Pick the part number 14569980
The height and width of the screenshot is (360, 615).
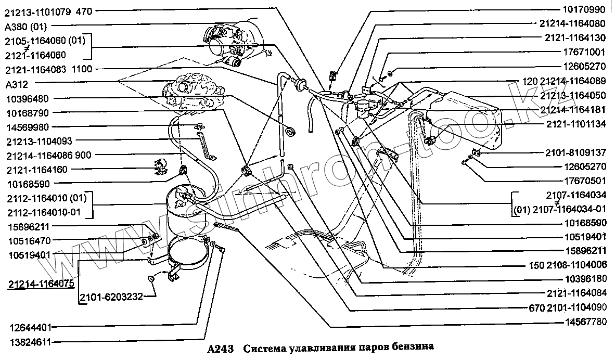click(29, 126)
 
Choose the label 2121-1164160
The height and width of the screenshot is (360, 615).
click(37, 170)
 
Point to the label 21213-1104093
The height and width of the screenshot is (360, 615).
click(40, 140)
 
